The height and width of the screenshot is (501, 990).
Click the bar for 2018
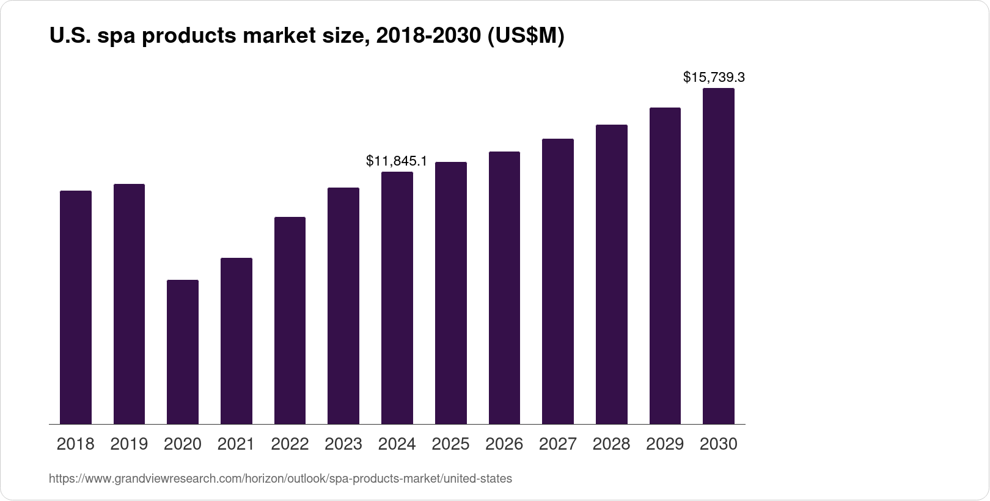coord(76,307)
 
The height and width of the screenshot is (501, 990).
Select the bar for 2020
coord(183,352)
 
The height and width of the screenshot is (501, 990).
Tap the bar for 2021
coord(237,341)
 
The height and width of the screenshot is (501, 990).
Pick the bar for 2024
coord(397,298)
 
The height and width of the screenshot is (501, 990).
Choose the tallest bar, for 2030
coord(719,256)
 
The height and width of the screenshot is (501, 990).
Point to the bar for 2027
coord(558,282)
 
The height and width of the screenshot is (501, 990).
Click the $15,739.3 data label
coord(714,78)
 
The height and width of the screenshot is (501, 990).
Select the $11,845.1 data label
coord(397,161)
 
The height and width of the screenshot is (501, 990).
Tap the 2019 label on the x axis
coord(129,444)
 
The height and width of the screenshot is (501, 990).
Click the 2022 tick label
coord(290,444)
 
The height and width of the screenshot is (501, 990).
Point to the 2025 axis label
coord(450,444)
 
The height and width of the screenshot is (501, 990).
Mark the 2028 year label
coord(611,444)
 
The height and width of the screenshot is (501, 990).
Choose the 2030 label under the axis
coord(719,444)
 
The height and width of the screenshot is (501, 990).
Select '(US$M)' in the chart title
coord(526,37)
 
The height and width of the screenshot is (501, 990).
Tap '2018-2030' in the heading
coord(428,37)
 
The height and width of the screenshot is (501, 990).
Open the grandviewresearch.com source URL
coord(280,479)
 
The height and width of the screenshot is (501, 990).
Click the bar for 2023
coord(343,306)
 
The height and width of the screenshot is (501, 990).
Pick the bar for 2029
coord(665,266)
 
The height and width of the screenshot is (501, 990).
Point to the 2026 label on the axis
coord(504,444)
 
